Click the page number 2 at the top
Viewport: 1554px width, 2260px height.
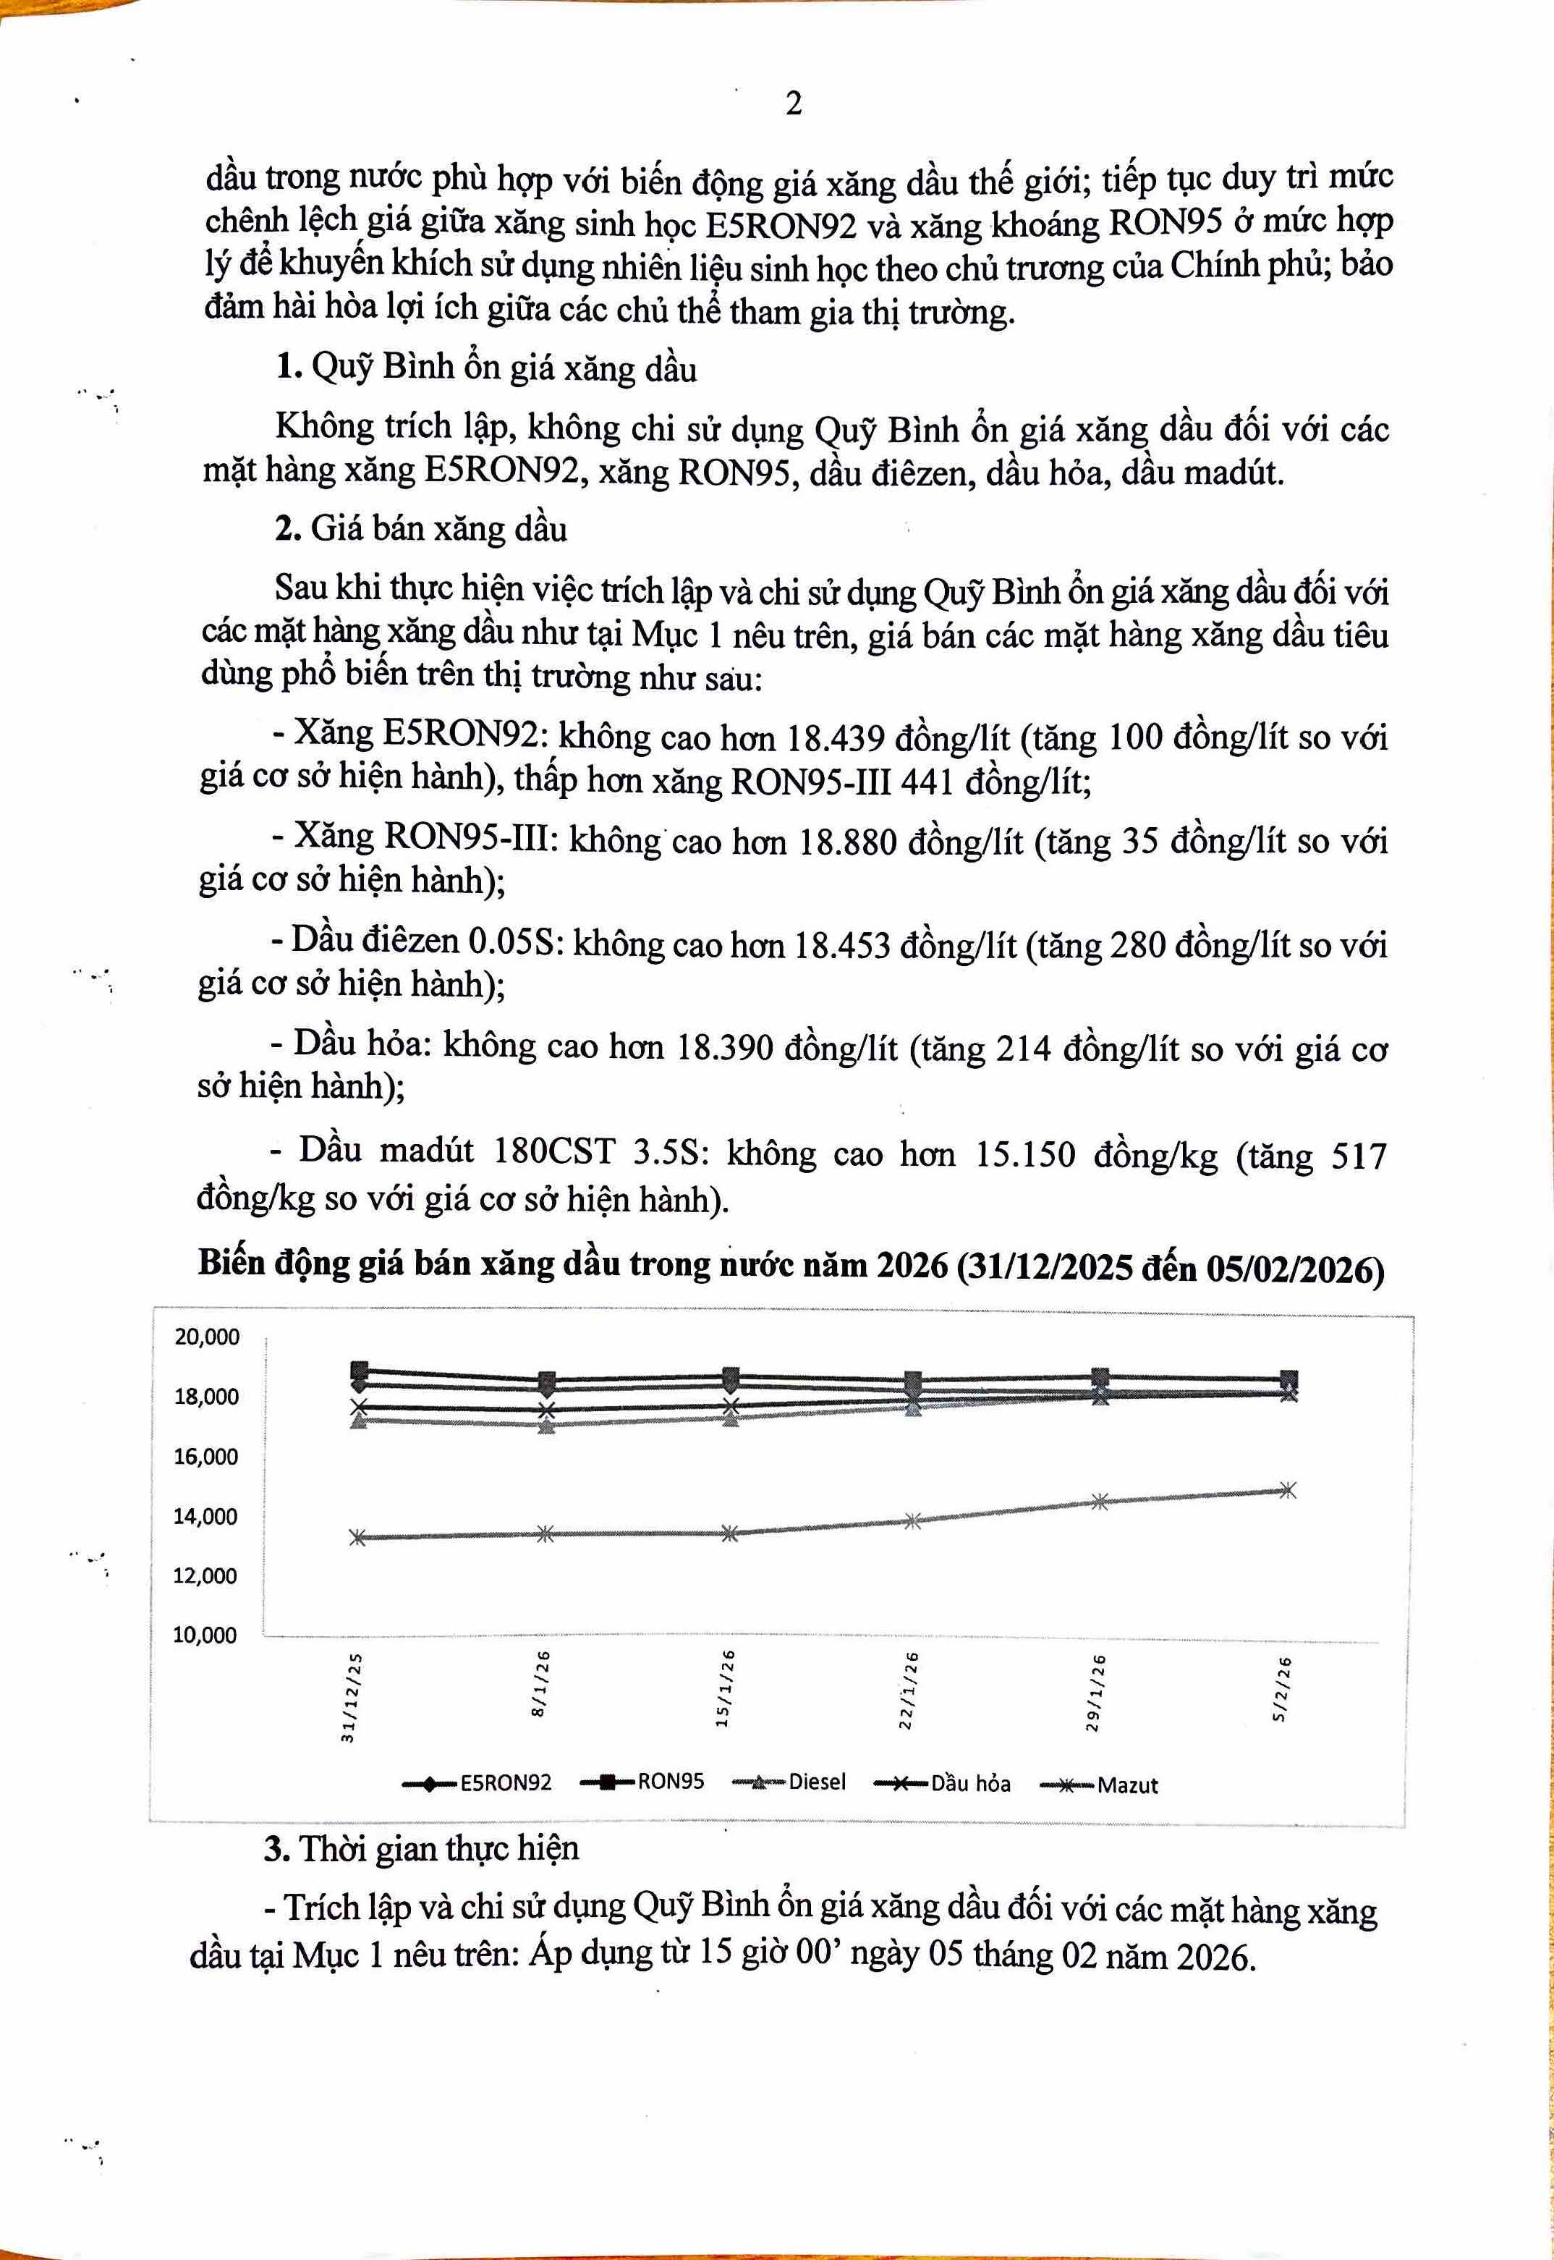coord(794,103)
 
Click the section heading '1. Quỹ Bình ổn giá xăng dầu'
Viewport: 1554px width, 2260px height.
coord(486,368)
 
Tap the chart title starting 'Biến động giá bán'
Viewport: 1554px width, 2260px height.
coord(791,1265)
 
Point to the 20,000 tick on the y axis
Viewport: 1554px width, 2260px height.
coord(206,1337)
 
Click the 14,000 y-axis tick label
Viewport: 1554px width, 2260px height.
coord(205,1516)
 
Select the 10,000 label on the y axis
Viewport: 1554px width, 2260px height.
coord(205,1635)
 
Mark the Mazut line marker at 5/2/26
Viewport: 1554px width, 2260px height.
coord(1287,1491)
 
